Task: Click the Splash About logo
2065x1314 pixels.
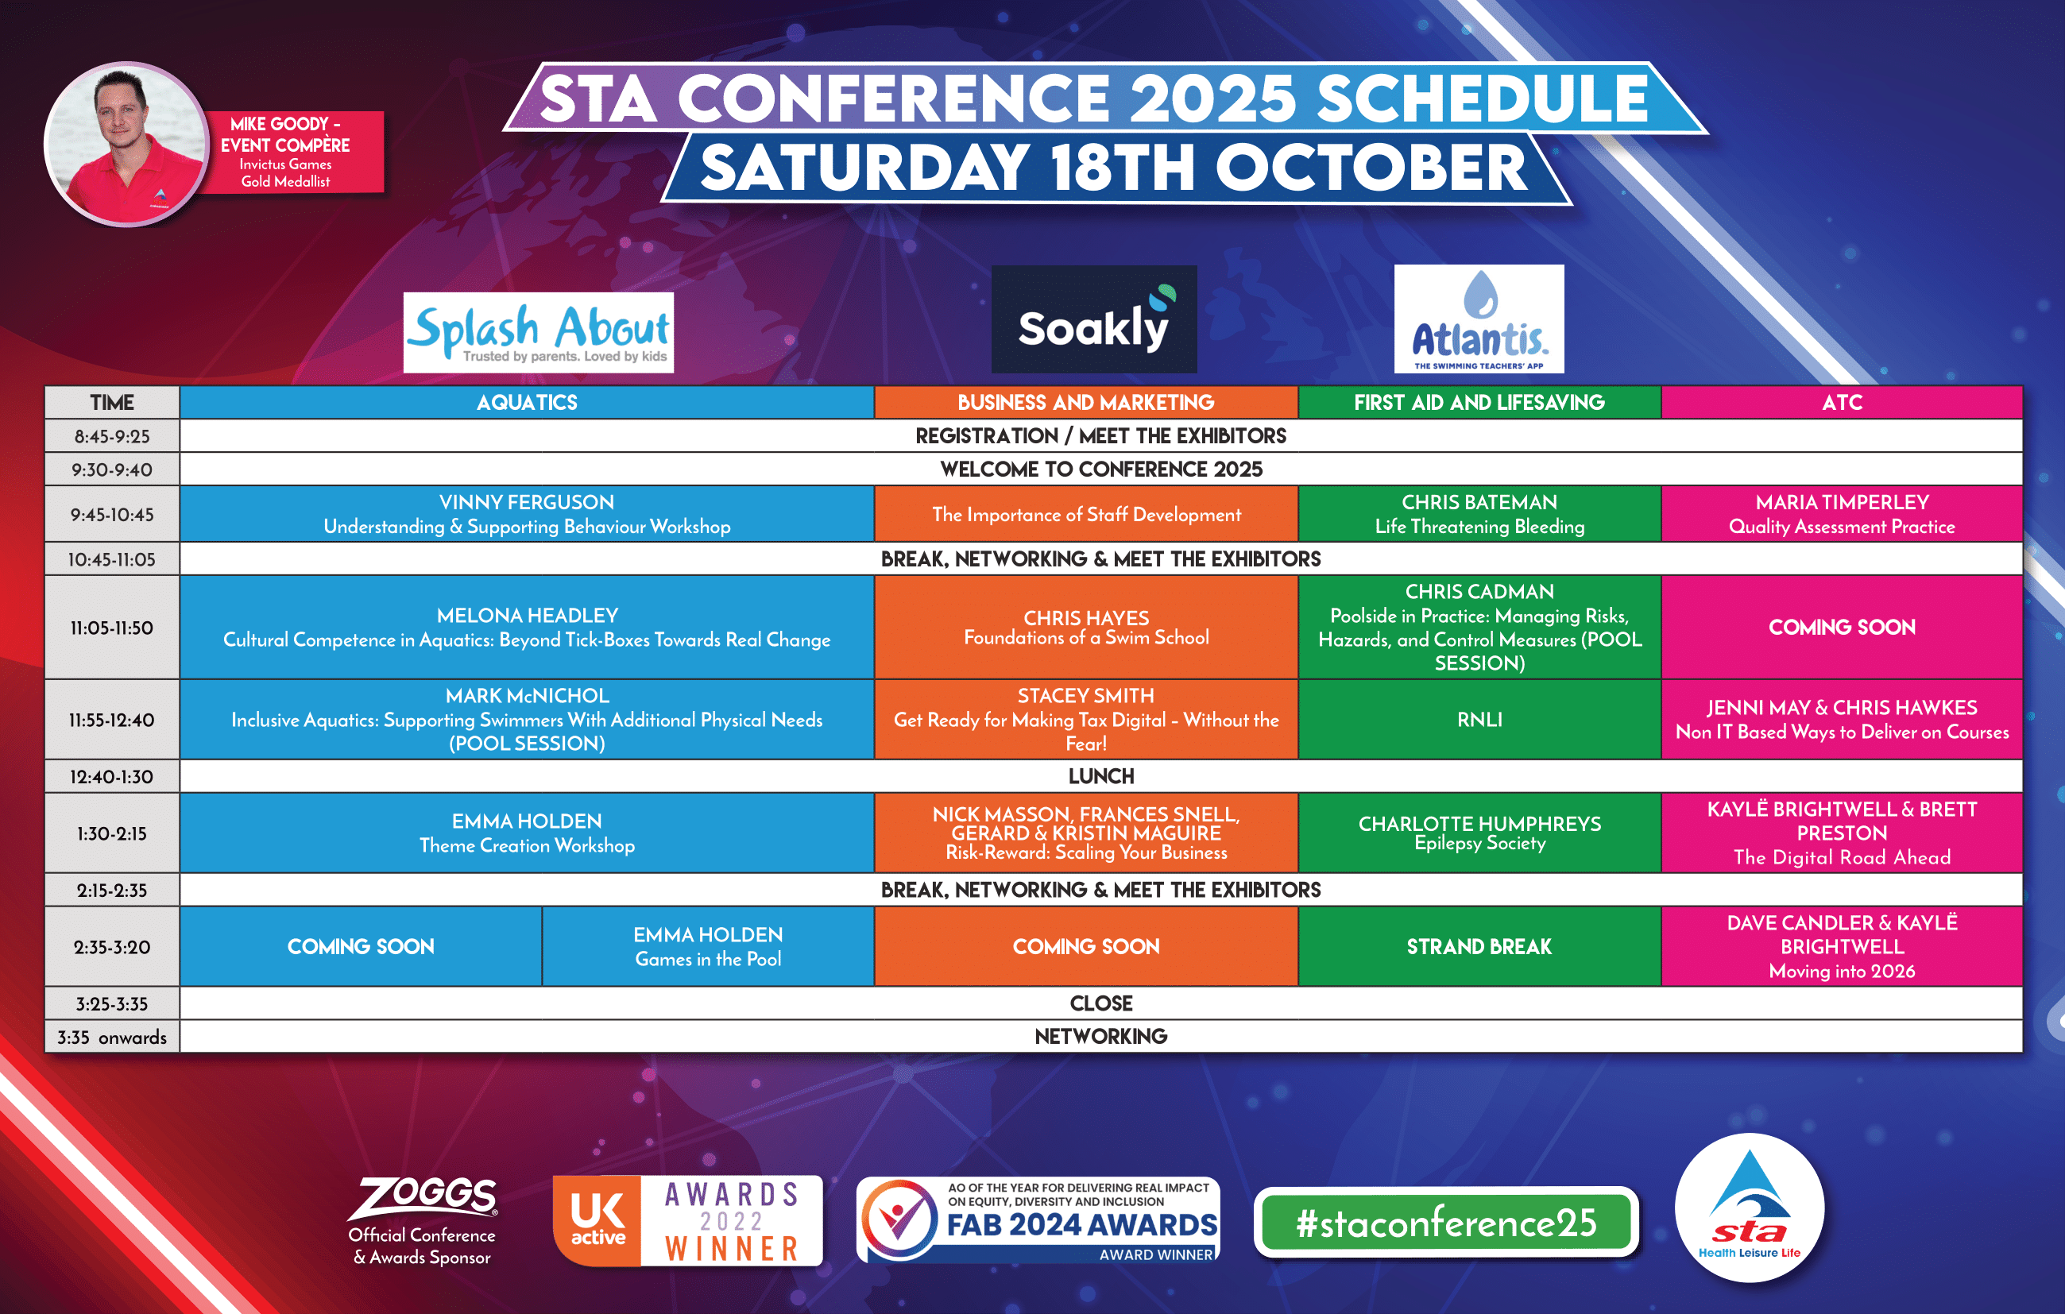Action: (x=539, y=333)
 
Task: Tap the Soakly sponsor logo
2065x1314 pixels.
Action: (x=1094, y=319)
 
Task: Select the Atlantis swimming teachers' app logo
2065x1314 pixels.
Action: (x=1479, y=319)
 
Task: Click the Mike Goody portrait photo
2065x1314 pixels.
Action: (x=127, y=143)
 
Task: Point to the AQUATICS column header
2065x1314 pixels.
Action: (x=528, y=402)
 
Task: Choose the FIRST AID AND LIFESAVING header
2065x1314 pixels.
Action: (x=1479, y=402)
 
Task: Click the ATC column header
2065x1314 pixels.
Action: (x=1842, y=402)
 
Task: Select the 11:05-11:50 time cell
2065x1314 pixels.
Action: (x=112, y=628)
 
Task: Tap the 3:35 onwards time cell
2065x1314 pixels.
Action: (x=112, y=1037)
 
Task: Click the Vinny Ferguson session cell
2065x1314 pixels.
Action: (x=528, y=515)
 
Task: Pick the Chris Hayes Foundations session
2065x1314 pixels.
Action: (x=1086, y=628)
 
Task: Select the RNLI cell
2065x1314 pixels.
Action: (x=1479, y=720)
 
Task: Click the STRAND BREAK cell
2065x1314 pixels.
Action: (x=1479, y=947)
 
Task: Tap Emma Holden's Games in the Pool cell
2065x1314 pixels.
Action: (x=709, y=947)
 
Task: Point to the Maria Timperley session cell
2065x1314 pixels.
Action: (x=1842, y=515)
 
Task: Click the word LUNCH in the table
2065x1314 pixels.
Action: (x=1101, y=776)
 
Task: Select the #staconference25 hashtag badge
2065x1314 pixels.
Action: (x=1447, y=1222)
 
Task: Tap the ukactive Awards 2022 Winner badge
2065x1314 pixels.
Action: (x=688, y=1220)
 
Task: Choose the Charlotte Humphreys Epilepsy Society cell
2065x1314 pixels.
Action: (x=1479, y=833)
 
